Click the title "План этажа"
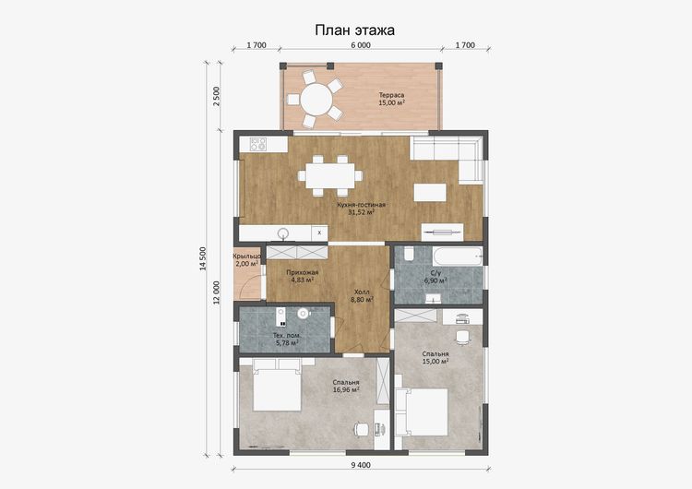pyautogui.click(x=354, y=30)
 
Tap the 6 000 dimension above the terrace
pyautogui.click(x=361, y=45)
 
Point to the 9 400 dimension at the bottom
pyautogui.click(x=361, y=465)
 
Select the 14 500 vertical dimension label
pyautogui.click(x=203, y=258)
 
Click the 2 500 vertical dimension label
pyautogui.click(x=216, y=96)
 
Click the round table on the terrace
pyautogui.click(x=316, y=100)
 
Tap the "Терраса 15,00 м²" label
pyautogui.click(x=391, y=99)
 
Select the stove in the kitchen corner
pyautogui.click(x=258, y=144)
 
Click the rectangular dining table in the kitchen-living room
pyautogui.click(x=330, y=175)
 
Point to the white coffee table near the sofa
pyautogui.click(x=430, y=193)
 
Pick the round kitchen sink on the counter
pyautogui.click(x=283, y=233)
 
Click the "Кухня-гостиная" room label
pyautogui.click(x=361, y=205)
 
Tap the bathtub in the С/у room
pyautogui.click(x=458, y=256)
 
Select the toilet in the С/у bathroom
pyautogui.click(x=408, y=254)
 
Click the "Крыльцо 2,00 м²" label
pyautogui.click(x=246, y=260)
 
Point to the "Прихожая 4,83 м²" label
pyautogui.click(x=302, y=276)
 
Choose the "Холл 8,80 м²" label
pyautogui.click(x=362, y=295)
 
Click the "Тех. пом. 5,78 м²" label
pyautogui.click(x=286, y=339)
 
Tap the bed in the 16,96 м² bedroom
pyautogui.click(x=277, y=385)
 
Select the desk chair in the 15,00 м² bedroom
pyautogui.click(x=462, y=337)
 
